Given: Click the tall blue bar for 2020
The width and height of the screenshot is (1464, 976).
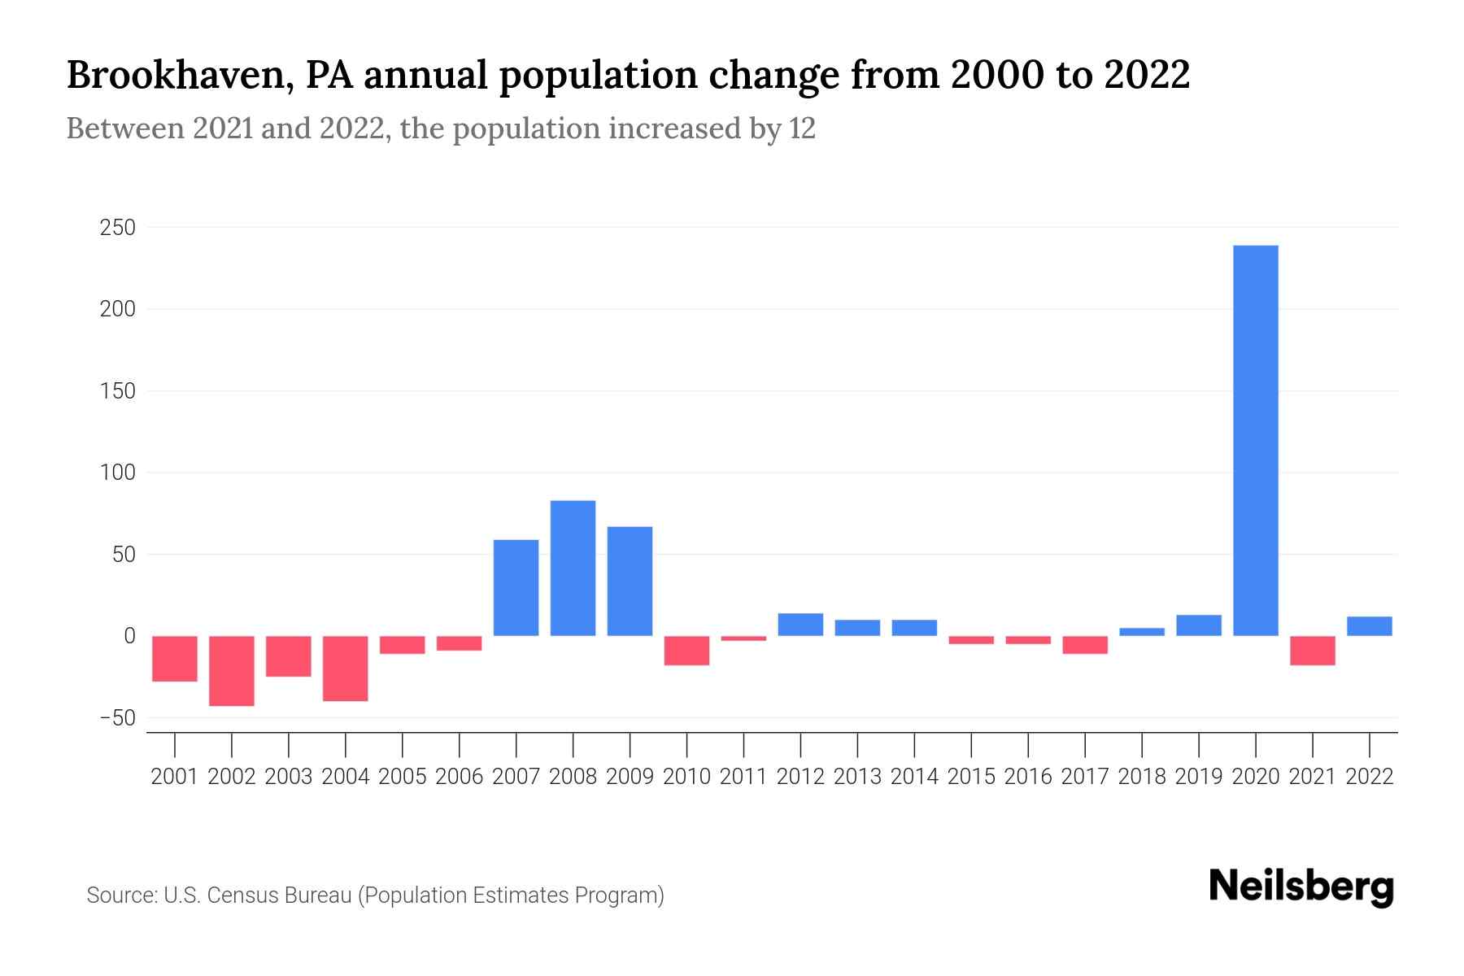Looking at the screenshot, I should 1255,440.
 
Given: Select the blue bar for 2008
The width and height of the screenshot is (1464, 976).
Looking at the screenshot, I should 573,568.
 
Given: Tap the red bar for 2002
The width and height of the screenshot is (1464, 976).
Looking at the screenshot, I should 232,671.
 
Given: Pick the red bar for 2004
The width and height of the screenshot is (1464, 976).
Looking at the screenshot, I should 346,669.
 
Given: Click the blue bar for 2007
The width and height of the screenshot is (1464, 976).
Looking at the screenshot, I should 516,587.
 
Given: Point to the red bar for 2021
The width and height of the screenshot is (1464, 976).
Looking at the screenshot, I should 1312,651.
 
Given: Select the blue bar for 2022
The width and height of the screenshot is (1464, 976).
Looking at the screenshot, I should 1369,626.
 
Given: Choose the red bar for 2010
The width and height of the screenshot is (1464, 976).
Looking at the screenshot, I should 686,651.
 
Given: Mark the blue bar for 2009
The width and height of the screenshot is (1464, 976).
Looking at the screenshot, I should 630,581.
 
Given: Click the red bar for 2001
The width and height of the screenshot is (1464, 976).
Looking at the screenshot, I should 175,659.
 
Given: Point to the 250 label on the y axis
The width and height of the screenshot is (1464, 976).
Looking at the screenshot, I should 117,229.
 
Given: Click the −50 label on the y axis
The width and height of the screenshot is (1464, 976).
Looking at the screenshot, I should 117,719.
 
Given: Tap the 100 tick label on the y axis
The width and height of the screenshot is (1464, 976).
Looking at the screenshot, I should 117,473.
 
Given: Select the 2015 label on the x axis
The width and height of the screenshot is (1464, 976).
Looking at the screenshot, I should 971,777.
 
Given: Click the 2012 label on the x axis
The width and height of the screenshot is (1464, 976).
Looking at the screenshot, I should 800,777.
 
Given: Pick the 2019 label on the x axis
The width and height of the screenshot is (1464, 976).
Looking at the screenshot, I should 1198,777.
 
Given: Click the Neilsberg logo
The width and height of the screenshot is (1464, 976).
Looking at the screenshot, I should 1301,887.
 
